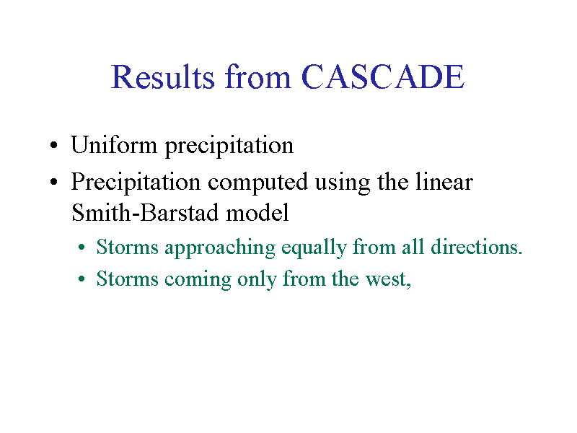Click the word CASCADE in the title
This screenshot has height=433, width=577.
tap(383, 76)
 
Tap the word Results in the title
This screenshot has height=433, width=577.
tap(163, 76)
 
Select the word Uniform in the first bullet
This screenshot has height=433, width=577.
tap(114, 145)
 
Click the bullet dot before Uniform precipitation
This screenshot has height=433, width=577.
tap(53, 145)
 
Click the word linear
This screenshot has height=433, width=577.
tap(444, 182)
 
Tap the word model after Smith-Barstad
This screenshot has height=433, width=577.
tap(257, 212)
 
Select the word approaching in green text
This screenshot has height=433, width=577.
tap(220, 248)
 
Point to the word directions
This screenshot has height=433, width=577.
tap(476, 247)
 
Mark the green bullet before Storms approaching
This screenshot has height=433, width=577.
tap(82, 248)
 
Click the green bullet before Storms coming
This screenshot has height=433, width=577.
tap(82, 279)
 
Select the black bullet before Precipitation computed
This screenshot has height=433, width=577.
tap(53, 182)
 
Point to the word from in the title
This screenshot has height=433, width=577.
tap(257, 76)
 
